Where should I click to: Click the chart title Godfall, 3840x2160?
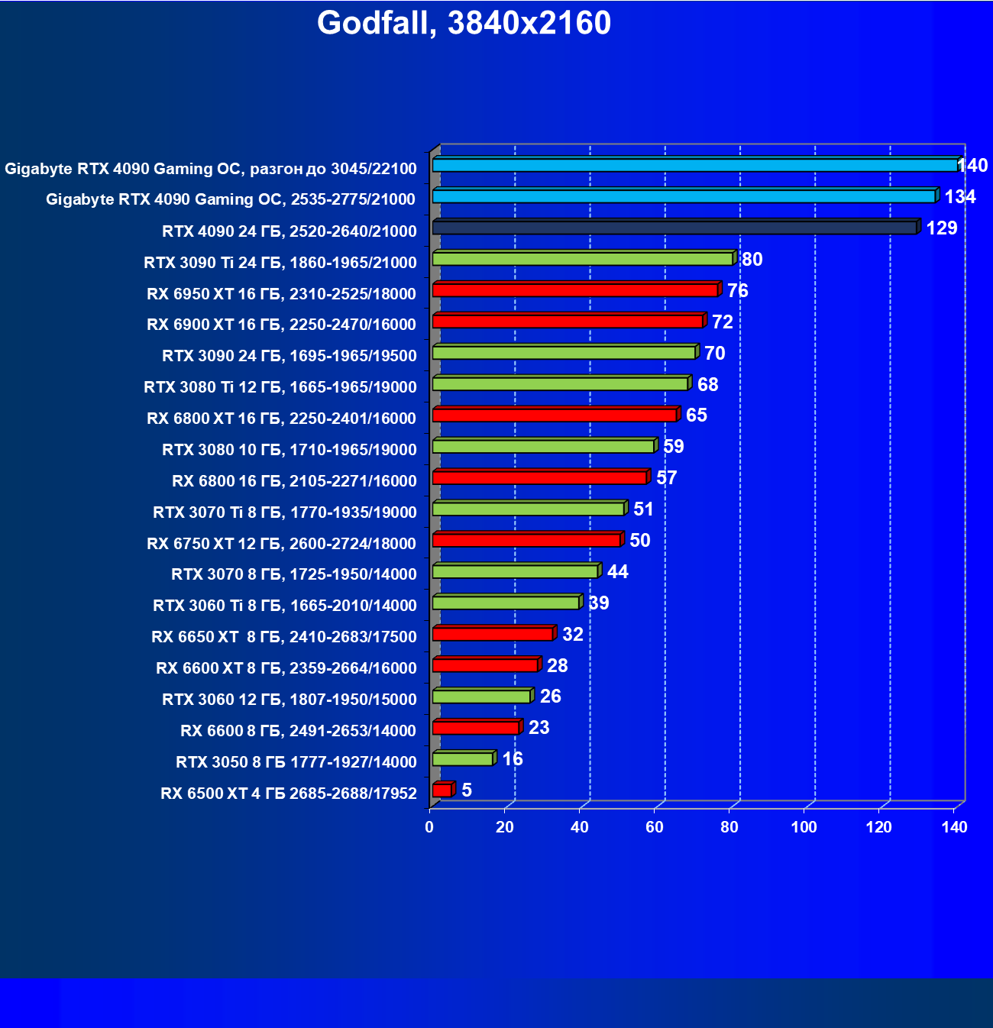click(464, 23)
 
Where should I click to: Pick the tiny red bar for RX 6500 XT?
click(442, 790)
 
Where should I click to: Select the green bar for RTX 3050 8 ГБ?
click(463, 759)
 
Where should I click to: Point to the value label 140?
click(972, 166)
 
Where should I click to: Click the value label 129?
click(941, 228)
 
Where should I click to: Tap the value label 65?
click(696, 415)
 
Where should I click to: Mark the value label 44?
click(617, 572)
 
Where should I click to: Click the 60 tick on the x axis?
click(655, 827)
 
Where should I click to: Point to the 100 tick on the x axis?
click(804, 827)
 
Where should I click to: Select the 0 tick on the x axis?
click(429, 827)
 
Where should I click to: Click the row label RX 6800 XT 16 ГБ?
click(281, 419)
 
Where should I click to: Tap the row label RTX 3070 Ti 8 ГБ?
click(284, 512)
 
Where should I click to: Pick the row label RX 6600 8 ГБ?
click(298, 731)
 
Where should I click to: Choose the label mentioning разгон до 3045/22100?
click(211, 169)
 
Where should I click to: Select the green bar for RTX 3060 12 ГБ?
click(482, 697)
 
